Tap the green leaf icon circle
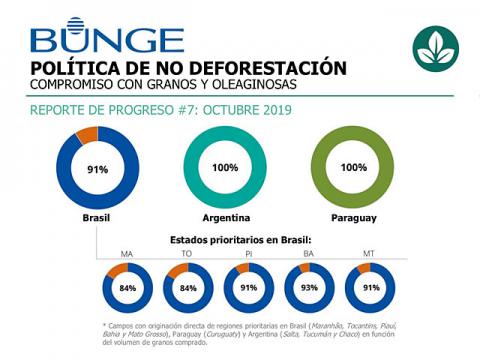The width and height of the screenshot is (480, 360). [x=435, y=47]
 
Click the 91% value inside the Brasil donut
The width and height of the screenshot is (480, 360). [x=97, y=169]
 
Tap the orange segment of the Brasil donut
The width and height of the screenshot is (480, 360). [x=85, y=134]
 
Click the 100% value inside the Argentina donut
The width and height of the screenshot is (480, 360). [x=225, y=167]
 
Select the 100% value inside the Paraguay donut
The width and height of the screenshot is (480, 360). [x=353, y=167]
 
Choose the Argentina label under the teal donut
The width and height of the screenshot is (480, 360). [x=225, y=217]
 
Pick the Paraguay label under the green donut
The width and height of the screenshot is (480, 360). [x=353, y=217]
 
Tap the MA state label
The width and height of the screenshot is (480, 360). [x=127, y=254]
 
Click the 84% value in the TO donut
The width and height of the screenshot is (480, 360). [x=187, y=290]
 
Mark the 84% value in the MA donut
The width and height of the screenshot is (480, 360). [x=127, y=290]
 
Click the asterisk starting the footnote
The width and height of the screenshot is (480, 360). [x=105, y=326]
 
